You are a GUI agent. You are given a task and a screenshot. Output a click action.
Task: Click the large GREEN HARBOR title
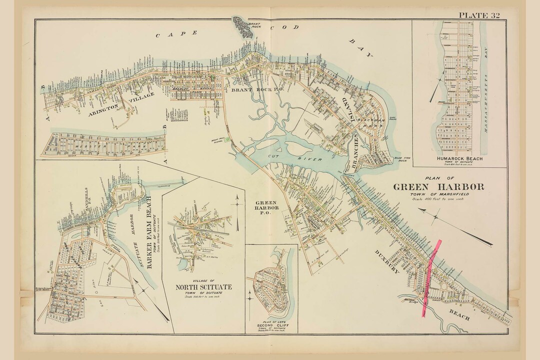pos(438,187)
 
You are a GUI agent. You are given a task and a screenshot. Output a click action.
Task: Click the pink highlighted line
pos(431,275)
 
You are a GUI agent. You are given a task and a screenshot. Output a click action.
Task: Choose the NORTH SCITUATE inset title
pos(203,287)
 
